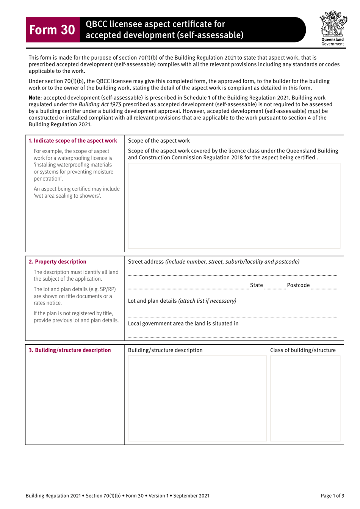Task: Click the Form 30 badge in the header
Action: coord(53,30)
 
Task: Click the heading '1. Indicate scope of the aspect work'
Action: coord(73,141)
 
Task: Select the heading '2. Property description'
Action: coord(58,262)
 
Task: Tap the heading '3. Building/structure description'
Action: coord(70,350)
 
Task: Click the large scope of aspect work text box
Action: coord(234,206)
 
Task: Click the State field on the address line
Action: coord(275,286)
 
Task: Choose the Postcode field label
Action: coord(298,285)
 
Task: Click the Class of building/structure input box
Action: coord(305,398)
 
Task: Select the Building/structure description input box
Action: coord(197,398)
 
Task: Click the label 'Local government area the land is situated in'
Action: coord(183,324)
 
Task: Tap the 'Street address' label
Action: coord(146,262)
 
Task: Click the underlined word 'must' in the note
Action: coord(314,111)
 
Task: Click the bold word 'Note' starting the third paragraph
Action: coord(34,98)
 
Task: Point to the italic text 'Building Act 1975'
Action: coord(100,104)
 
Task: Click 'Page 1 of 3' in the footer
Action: coord(332,496)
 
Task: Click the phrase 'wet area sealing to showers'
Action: coord(67,196)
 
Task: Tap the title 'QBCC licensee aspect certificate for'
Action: coord(155,24)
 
